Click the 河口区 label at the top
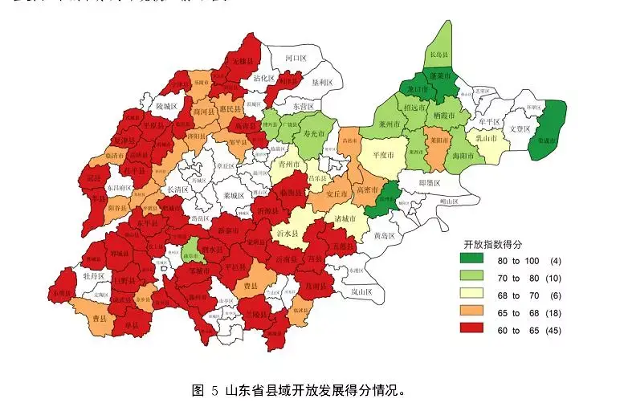(296, 59)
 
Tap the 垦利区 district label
(320, 82)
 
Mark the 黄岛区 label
(384, 236)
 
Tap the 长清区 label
(176, 189)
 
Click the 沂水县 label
(286, 232)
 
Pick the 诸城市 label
(344, 218)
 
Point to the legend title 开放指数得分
(493, 243)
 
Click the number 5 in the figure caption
(214, 391)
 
